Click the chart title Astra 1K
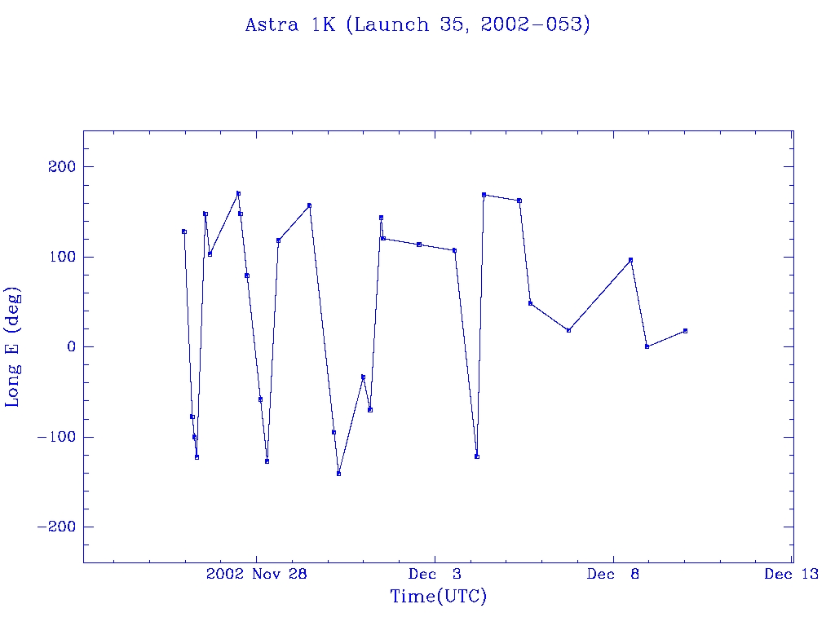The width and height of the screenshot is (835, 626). coord(417,25)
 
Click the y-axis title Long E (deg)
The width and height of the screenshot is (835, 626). coord(13,346)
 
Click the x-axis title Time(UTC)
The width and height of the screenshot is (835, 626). coord(438,597)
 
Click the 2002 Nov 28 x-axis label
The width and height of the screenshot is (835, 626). coord(256,574)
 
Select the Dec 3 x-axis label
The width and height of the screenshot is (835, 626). coord(435,574)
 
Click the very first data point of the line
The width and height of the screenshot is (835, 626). coord(184,231)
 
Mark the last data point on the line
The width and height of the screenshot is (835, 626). coord(685,331)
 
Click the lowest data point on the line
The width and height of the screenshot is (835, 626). coord(338,474)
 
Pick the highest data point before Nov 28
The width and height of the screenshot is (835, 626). coord(238,193)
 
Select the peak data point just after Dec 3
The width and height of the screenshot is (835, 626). coord(484,195)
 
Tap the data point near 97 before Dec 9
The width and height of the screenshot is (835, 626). coord(630,260)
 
